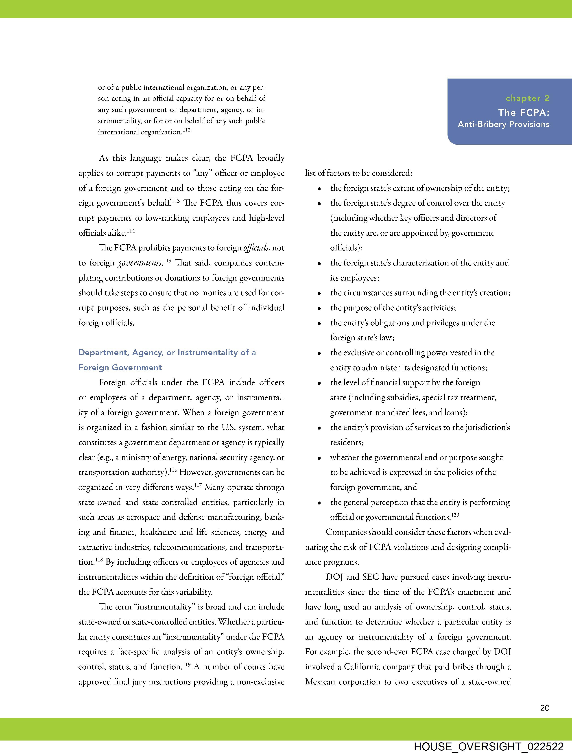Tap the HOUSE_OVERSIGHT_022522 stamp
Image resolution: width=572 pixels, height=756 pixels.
[489, 746]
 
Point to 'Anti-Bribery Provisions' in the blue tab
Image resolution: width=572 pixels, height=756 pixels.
[503, 124]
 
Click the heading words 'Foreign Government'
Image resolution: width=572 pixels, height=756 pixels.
[120, 367]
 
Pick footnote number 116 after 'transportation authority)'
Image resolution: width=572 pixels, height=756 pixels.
[173, 470]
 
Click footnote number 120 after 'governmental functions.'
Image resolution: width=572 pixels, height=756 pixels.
[455, 515]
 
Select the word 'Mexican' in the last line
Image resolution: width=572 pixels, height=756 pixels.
[320, 682]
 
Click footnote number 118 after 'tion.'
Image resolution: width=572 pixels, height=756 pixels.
[99, 560]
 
